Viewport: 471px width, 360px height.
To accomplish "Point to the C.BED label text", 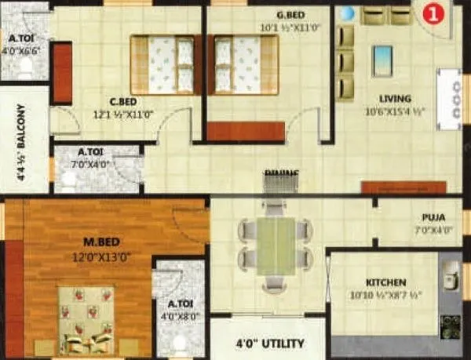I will tap(124, 100).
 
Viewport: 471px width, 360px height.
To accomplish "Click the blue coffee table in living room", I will tap(382, 60).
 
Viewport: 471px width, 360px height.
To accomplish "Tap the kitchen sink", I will tap(450, 276).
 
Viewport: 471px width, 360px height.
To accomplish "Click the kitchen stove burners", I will tap(450, 325).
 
